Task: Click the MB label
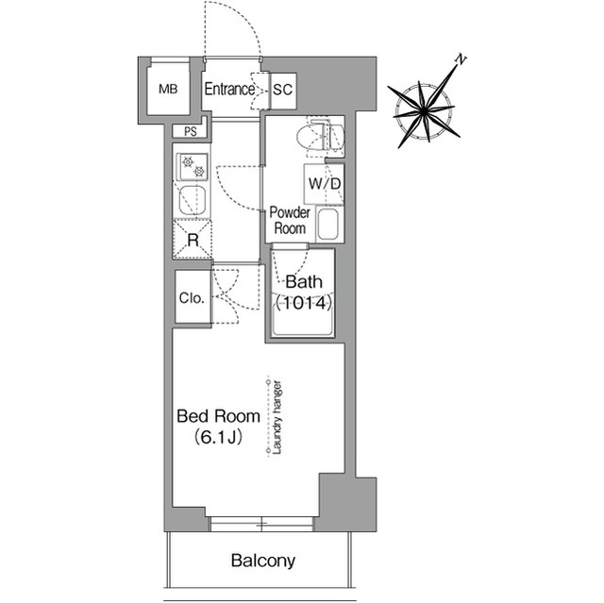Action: [x=168, y=90]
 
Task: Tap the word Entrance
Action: [x=229, y=90]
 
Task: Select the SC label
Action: [x=283, y=90]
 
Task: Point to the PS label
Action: [x=191, y=132]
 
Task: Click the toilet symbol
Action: [x=320, y=137]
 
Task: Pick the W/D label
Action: [x=325, y=184]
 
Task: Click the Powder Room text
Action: [x=290, y=220]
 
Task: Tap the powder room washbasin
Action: [x=327, y=224]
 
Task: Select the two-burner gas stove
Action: [x=193, y=167]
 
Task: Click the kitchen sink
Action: [x=193, y=201]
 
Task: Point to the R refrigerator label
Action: [x=193, y=240]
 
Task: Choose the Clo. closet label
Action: [x=192, y=297]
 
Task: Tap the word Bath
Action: [x=304, y=282]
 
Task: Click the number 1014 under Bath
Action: [x=304, y=304]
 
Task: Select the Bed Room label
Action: [x=218, y=416]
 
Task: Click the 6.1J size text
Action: [x=218, y=437]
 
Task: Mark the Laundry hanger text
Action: [x=277, y=417]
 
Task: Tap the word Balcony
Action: [x=263, y=561]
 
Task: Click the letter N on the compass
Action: [x=461, y=59]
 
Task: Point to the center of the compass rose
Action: [x=424, y=111]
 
